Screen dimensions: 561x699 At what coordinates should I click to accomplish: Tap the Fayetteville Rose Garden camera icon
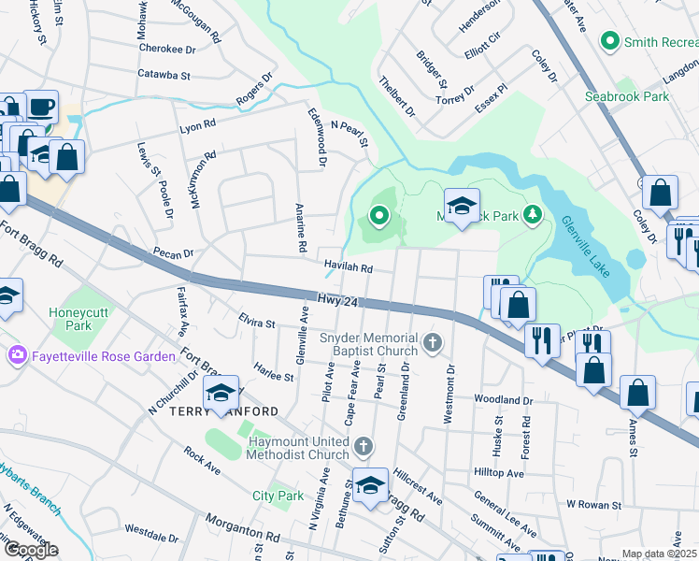pos(17,355)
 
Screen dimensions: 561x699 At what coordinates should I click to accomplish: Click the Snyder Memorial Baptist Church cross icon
pos(431,344)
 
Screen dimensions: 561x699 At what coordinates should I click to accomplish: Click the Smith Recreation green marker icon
pos(610,41)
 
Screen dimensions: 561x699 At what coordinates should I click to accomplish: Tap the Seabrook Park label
pos(627,96)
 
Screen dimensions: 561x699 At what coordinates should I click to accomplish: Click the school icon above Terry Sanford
pos(221,393)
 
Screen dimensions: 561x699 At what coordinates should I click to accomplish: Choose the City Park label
pos(278,496)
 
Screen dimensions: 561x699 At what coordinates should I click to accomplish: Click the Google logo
pos(30,550)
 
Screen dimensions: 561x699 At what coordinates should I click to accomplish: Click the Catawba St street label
pos(164,74)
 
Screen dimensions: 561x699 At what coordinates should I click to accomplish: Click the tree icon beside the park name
pos(533,216)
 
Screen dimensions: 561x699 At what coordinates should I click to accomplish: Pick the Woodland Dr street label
pos(503,399)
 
